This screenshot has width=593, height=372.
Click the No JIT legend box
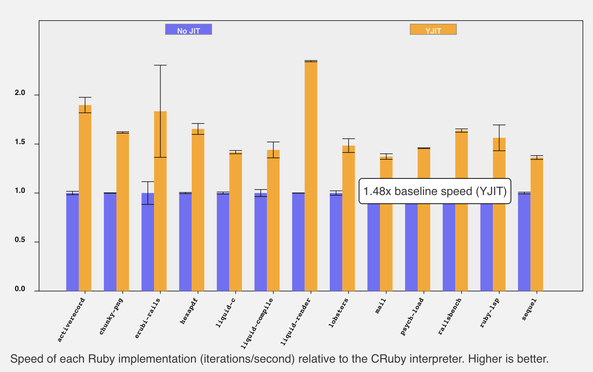(188, 30)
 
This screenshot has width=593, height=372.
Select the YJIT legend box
(433, 30)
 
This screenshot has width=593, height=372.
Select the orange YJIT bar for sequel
(537, 224)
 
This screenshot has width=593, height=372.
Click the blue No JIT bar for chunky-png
(110, 242)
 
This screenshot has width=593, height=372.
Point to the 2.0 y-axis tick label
(20, 93)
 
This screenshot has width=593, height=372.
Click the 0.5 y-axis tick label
(20, 240)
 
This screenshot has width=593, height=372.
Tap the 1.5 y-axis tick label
(20, 142)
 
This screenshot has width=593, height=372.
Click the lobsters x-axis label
(339, 313)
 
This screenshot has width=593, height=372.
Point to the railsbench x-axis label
(450, 316)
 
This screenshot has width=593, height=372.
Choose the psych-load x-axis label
(412, 317)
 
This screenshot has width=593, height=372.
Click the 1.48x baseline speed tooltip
(435, 191)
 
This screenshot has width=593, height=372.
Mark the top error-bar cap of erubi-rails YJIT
(160, 65)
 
